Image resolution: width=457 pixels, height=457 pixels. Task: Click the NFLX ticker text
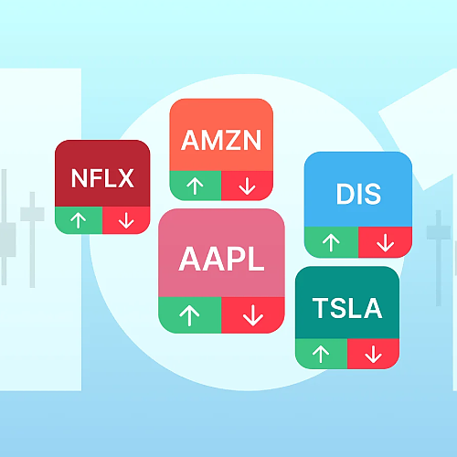(x=102, y=178)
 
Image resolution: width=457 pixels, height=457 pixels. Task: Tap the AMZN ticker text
(x=221, y=140)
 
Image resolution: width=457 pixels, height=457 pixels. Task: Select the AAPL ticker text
(x=221, y=259)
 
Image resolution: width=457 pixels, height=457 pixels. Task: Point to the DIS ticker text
(x=358, y=194)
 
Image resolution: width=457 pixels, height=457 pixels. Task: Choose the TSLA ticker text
(x=347, y=308)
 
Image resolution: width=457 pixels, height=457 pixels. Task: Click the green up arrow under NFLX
(x=79, y=220)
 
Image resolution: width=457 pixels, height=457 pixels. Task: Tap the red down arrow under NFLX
(x=126, y=220)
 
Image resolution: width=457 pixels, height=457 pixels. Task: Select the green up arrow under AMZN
(x=195, y=186)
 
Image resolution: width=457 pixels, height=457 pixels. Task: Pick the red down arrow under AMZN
(x=247, y=186)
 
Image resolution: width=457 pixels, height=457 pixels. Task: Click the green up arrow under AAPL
(x=189, y=315)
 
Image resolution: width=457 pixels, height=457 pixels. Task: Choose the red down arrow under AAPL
(x=253, y=315)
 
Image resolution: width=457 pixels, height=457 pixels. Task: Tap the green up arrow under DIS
(x=331, y=243)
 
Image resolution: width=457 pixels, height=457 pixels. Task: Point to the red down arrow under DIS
(x=386, y=243)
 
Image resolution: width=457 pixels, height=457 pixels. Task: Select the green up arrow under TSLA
(x=321, y=355)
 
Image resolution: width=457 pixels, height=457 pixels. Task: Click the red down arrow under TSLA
(x=374, y=355)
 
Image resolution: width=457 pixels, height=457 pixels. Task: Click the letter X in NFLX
(x=125, y=178)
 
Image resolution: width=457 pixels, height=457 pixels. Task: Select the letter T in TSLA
(x=321, y=308)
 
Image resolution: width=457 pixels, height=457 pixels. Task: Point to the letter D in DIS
(x=345, y=194)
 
